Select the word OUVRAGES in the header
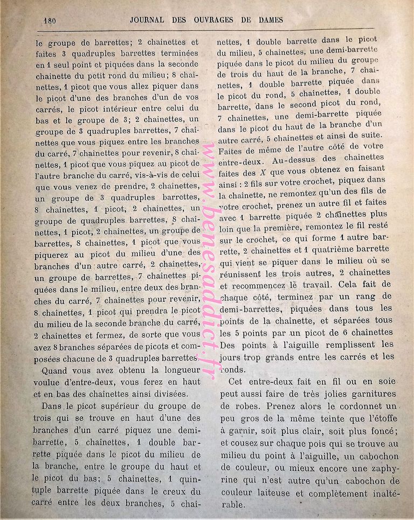(223, 20)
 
